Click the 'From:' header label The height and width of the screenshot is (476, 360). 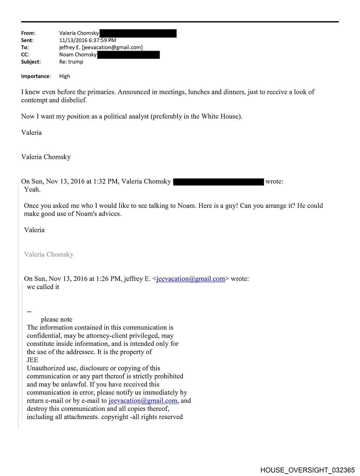28,33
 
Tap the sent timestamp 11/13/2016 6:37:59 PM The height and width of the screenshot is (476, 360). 88,40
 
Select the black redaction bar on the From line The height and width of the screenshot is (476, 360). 138,33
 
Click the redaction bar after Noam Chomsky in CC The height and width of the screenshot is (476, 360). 128,55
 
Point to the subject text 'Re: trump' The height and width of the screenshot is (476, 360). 71,62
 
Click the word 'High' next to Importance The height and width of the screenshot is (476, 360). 65,76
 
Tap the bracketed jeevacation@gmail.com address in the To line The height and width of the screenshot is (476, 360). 112,47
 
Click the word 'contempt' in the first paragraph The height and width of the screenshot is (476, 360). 34,100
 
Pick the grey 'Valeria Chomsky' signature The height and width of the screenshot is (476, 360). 49,254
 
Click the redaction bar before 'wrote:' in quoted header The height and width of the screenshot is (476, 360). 219,182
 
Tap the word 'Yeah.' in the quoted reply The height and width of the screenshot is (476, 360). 32,190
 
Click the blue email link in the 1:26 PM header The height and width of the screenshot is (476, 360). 191,279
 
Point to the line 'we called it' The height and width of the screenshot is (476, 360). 43,287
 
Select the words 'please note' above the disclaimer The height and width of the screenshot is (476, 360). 57,319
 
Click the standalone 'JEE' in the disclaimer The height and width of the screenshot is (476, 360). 32,360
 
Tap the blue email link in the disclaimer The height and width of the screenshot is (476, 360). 143,401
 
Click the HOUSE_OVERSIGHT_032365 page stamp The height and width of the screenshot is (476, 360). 307,470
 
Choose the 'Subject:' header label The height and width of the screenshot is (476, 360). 31,62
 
